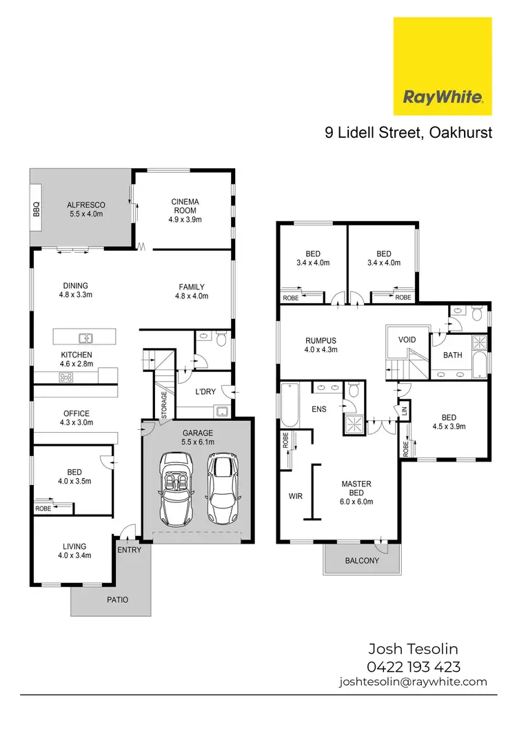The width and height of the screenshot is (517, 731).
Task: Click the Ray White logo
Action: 442,66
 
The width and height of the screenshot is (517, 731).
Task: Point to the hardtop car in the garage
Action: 221,487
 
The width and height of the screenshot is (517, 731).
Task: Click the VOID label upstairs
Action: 407,340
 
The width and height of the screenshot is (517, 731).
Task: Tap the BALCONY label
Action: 362,560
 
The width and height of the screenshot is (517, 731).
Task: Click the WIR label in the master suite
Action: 295,495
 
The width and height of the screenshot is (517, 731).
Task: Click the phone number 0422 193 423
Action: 413,666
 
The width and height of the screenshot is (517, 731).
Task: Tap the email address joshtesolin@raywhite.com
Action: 413,681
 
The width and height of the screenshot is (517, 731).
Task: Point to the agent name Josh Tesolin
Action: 413,649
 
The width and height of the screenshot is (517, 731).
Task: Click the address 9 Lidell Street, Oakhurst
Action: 409,132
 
